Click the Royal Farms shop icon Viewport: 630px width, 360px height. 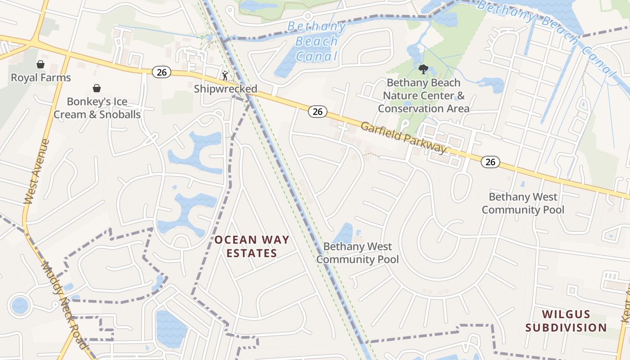(x=40, y=64)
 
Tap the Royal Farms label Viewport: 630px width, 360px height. (x=41, y=78)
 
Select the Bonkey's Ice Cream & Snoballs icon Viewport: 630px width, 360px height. (x=96, y=88)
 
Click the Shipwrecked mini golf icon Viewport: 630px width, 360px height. (x=225, y=76)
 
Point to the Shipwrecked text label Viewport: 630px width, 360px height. (x=225, y=89)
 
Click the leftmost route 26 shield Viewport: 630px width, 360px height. (x=161, y=72)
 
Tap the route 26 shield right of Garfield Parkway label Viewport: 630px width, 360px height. (x=490, y=162)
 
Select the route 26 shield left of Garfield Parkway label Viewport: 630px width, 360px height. (x=317, y=112)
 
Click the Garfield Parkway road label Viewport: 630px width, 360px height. (x=404, y=138)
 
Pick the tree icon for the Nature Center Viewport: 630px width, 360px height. (x=423, y=69)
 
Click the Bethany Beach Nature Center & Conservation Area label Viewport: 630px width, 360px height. (x=423, y=96)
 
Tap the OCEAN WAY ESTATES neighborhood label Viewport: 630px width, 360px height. (x=252, y=247)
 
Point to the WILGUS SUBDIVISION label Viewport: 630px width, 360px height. (x=566, y=321)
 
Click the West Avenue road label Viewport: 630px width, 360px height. (x=36, y=171)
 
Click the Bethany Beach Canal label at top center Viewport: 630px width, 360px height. (x=317, y=41)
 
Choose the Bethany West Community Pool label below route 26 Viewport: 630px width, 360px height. (x=523, y=203)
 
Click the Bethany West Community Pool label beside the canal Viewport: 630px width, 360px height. (x=357, y=253)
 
